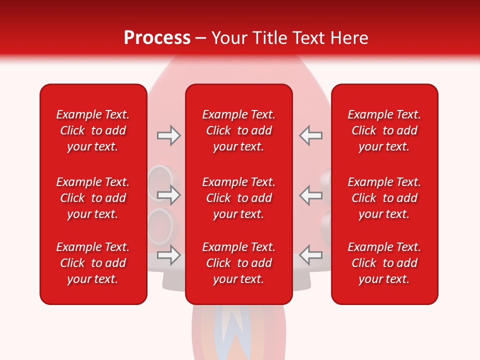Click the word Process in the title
pyautogui.click(x=157, y=38)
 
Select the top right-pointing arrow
pyautogui.click(x=168, y=135)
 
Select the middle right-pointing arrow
pyautogui.click(x=168, y=195)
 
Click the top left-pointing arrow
pyautogui.click(x=311, y=135)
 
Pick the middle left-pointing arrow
pyautogui.click(x=311, y=195)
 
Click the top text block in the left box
pyautogui.click(x=93, y=130)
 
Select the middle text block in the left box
pyautogui.click(x=93, y=198)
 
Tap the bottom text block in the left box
pyautogui.click(x=93, y=263)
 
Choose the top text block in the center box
pyautogui.click(x=238, y=130)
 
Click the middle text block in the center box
pyautogui.click(x=238, y=198)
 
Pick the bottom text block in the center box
pyautogui.click(x=238, y=263)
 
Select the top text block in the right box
pyautogui.click(x=384, y=130)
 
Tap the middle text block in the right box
pyautogui.click(x=384, y=198)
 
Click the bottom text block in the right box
pyautogui.click(x=384, y=263)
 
